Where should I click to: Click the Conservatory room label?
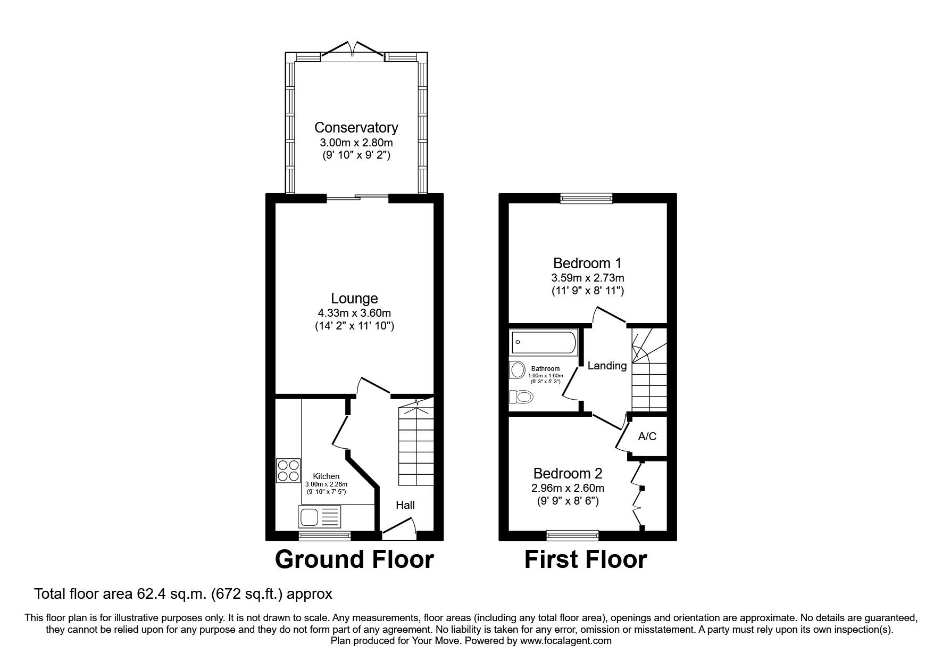356,128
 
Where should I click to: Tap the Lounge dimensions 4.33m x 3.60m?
354,313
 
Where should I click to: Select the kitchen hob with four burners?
288,471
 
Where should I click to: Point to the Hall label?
405,505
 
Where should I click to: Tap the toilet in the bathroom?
521,397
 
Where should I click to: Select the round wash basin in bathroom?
516,369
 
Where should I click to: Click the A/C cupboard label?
647,436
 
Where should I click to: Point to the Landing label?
607,366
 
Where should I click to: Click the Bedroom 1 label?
587,263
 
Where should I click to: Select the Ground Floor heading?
354,559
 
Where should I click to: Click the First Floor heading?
586,559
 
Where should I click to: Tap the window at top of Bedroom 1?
586,199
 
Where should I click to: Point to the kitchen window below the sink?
324,535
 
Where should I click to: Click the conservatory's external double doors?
353,51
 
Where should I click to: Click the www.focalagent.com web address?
565,641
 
